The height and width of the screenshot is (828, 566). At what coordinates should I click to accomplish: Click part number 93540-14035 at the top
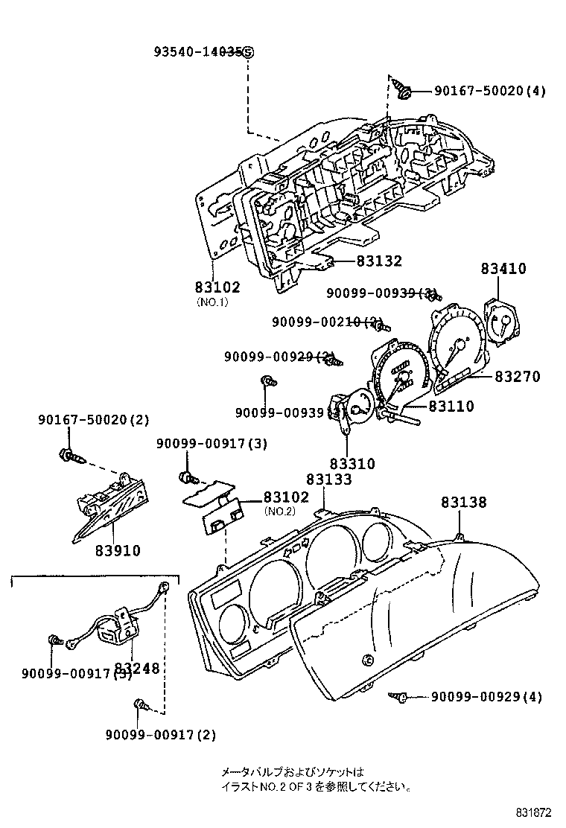(203, 52)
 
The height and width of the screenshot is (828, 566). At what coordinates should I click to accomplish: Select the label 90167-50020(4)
(489, 92)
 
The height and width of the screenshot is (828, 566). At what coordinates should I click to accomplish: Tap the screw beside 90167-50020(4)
(404, 92)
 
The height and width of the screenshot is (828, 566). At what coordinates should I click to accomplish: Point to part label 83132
(378, 261)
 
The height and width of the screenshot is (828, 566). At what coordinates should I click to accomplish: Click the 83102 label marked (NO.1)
(217, 287)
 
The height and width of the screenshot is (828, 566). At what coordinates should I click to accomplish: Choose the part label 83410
(503, 269)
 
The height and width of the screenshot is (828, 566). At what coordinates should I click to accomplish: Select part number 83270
(520, 377)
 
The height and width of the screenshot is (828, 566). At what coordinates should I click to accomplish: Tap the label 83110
(451, 407)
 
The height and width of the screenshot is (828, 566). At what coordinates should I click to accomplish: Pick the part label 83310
(352, 463)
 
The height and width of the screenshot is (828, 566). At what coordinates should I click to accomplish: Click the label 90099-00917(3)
(212, 444)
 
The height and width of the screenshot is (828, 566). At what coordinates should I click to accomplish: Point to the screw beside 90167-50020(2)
(67, 453)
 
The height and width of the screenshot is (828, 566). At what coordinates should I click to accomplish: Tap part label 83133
(329, 480)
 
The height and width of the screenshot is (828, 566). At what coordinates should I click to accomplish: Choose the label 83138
(463, 503)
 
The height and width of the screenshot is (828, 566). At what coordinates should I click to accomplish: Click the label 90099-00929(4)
(486, 697)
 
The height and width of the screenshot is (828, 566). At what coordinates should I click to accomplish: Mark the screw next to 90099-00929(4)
(398, 697)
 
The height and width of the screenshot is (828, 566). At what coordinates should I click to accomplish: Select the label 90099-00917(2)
(160, 735)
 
